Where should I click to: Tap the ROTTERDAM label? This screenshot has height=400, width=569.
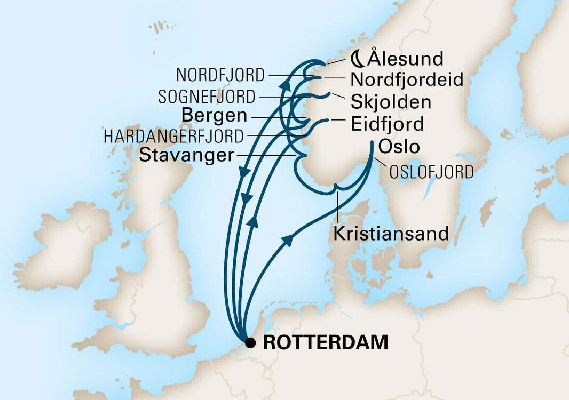326,343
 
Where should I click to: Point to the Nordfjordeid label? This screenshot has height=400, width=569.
407,80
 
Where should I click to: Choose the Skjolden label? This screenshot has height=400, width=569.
391,101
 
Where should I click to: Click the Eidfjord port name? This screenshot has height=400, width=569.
388,124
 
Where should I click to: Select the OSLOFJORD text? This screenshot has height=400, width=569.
431,172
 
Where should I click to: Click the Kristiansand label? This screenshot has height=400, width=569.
391,234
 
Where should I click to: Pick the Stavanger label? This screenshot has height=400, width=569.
186,155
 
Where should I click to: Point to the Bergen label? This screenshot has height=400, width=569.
214,115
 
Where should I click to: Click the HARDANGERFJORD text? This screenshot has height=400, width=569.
173,136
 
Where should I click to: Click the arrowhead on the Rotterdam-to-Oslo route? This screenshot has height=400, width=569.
287,241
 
